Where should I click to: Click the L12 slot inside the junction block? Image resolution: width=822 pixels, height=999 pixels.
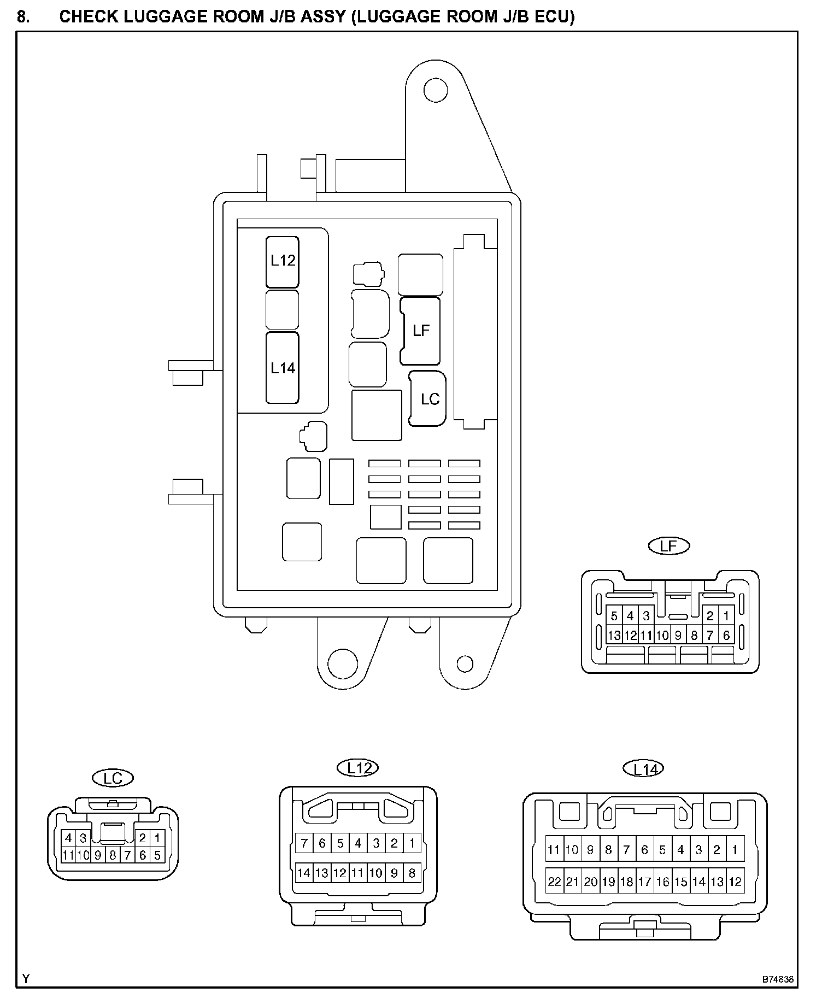point(283,262)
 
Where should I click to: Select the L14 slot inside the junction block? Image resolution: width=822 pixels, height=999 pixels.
point(283,368)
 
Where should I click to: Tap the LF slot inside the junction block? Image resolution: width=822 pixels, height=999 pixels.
point(421,331)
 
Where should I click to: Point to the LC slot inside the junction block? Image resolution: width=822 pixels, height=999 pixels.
point(429,399)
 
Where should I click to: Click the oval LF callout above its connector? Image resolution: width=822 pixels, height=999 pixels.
point(669,545)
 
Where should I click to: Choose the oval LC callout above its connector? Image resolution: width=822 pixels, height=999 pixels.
point(113,778)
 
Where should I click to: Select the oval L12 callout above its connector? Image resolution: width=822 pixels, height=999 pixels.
point(359,768)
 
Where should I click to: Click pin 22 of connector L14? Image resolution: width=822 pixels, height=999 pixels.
point(554,882)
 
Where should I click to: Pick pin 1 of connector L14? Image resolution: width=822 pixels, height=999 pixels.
point(735,850)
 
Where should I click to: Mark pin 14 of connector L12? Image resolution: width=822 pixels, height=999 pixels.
point(304,873)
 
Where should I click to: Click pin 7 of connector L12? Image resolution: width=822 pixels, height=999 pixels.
point(304,843)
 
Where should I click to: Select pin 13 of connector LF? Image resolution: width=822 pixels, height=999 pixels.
point(614,636)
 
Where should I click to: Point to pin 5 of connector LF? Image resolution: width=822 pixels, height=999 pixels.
point(614,616)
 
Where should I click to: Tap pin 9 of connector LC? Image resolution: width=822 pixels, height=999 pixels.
point(98,855)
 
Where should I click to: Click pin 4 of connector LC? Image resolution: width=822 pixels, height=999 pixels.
point(68,838)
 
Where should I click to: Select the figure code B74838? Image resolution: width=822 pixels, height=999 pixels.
point(778,980)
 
